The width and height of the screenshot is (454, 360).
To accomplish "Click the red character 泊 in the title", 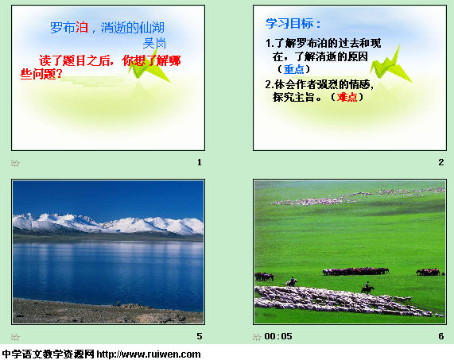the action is [x=82, y=28].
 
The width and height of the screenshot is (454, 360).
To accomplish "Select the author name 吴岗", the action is [x=154, y=44].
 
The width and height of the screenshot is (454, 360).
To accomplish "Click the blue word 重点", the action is [x=293, y=69].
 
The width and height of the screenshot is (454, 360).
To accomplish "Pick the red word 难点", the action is [x=347, y=97].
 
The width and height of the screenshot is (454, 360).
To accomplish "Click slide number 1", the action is [x=200, y=162].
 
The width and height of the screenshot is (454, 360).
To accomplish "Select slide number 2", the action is [x=441, y=162].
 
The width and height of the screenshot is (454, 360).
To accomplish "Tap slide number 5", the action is [x=200, y=336].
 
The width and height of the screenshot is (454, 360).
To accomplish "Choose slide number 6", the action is [x=441, y=336].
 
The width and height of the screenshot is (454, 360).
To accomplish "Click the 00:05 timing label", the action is [x=278, y=336].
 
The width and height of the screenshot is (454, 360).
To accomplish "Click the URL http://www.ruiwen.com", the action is [x=149, y=354].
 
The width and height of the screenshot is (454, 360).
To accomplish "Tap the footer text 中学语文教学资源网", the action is [x=48, y=354].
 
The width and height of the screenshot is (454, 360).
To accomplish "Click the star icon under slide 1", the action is [x=15, y=164].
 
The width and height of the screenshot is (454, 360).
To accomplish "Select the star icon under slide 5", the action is [x=15, y=338].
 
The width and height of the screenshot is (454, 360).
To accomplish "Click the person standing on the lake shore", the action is [x=118, y=304].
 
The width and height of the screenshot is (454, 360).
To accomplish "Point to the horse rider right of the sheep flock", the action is [x=367, y=288].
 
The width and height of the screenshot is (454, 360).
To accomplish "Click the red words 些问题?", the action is [x=41, y=75].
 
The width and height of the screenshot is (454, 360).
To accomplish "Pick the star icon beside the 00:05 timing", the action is [x=257, y=338].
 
